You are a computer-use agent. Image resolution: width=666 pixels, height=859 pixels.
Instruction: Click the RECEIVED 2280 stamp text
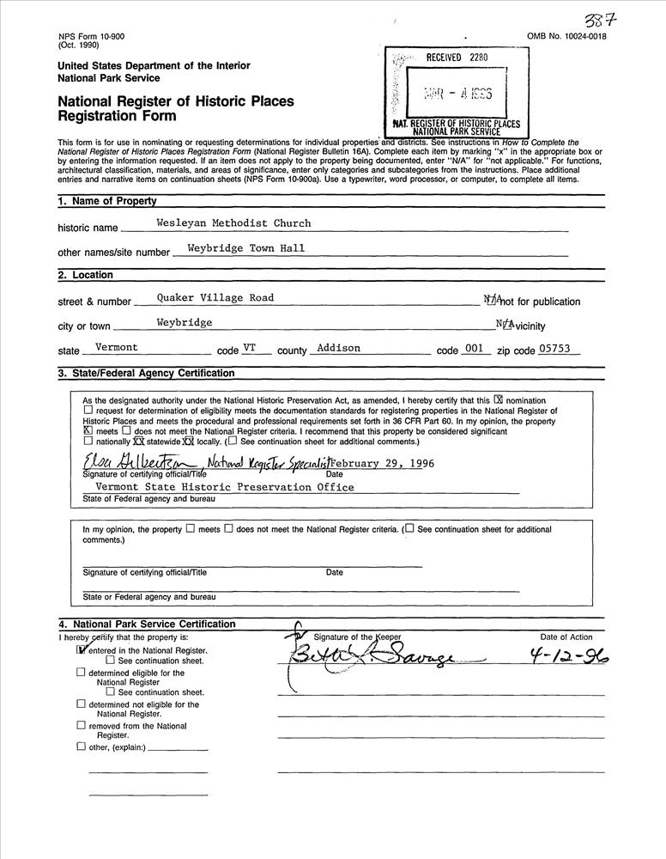(457, 58)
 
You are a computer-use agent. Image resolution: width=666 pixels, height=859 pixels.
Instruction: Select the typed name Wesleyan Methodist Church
(233, 223)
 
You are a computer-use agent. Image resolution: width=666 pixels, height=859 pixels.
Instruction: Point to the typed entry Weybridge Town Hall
(246, 248)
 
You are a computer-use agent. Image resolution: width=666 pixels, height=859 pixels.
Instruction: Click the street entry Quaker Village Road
(215, 298)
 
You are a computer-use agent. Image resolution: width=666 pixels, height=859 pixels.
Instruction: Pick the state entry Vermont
(117, 348)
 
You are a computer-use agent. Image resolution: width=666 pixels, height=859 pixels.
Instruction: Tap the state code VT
(251, 348)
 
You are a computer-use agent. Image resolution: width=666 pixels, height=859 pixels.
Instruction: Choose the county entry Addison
(338, 348)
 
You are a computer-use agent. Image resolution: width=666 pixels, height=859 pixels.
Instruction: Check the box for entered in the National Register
(82, 650)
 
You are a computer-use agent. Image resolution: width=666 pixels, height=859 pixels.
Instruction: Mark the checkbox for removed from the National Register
(81, 726)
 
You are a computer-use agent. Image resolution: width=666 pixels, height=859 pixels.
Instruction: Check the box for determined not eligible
(81, 704)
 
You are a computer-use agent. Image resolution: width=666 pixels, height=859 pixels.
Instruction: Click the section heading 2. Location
(85, 275)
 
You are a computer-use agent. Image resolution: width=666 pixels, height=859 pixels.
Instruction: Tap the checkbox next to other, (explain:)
(81, 746)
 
